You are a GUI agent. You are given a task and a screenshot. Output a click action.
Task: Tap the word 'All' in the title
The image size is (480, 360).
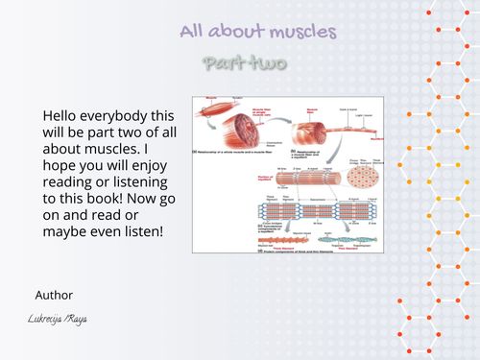(195, 32)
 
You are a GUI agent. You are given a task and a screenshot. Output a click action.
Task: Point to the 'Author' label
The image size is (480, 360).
(54, 295)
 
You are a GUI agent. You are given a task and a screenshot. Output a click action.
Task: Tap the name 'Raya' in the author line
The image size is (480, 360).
(77, 318)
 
